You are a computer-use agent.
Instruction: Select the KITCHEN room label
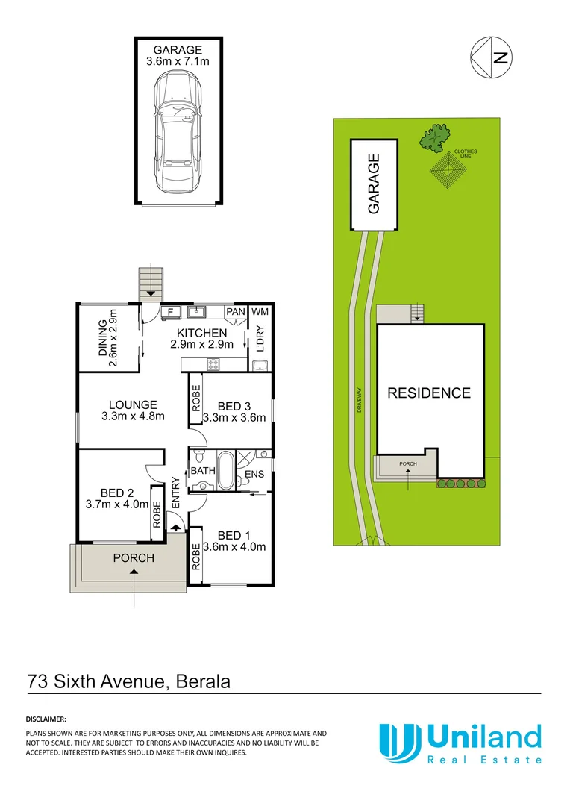pos(201,333)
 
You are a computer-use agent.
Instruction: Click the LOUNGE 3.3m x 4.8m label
pos(132,411)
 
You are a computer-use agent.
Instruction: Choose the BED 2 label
pos(116,493)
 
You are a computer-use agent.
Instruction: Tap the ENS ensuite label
pos(255,474)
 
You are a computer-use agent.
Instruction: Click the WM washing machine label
pos(260,311)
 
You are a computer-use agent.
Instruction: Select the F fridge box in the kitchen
pos(170,311)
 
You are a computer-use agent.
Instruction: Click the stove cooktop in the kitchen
pos(212,365)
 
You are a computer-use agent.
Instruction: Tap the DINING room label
pos(109,337)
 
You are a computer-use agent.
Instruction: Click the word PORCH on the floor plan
pos(133,558)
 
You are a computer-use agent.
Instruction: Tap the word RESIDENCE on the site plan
pos(428,393)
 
